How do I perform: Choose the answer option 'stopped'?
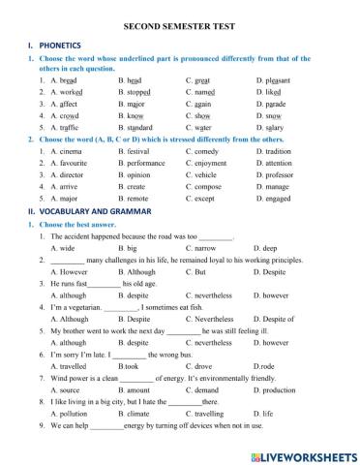[138, 92]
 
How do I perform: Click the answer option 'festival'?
[137, 151]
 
